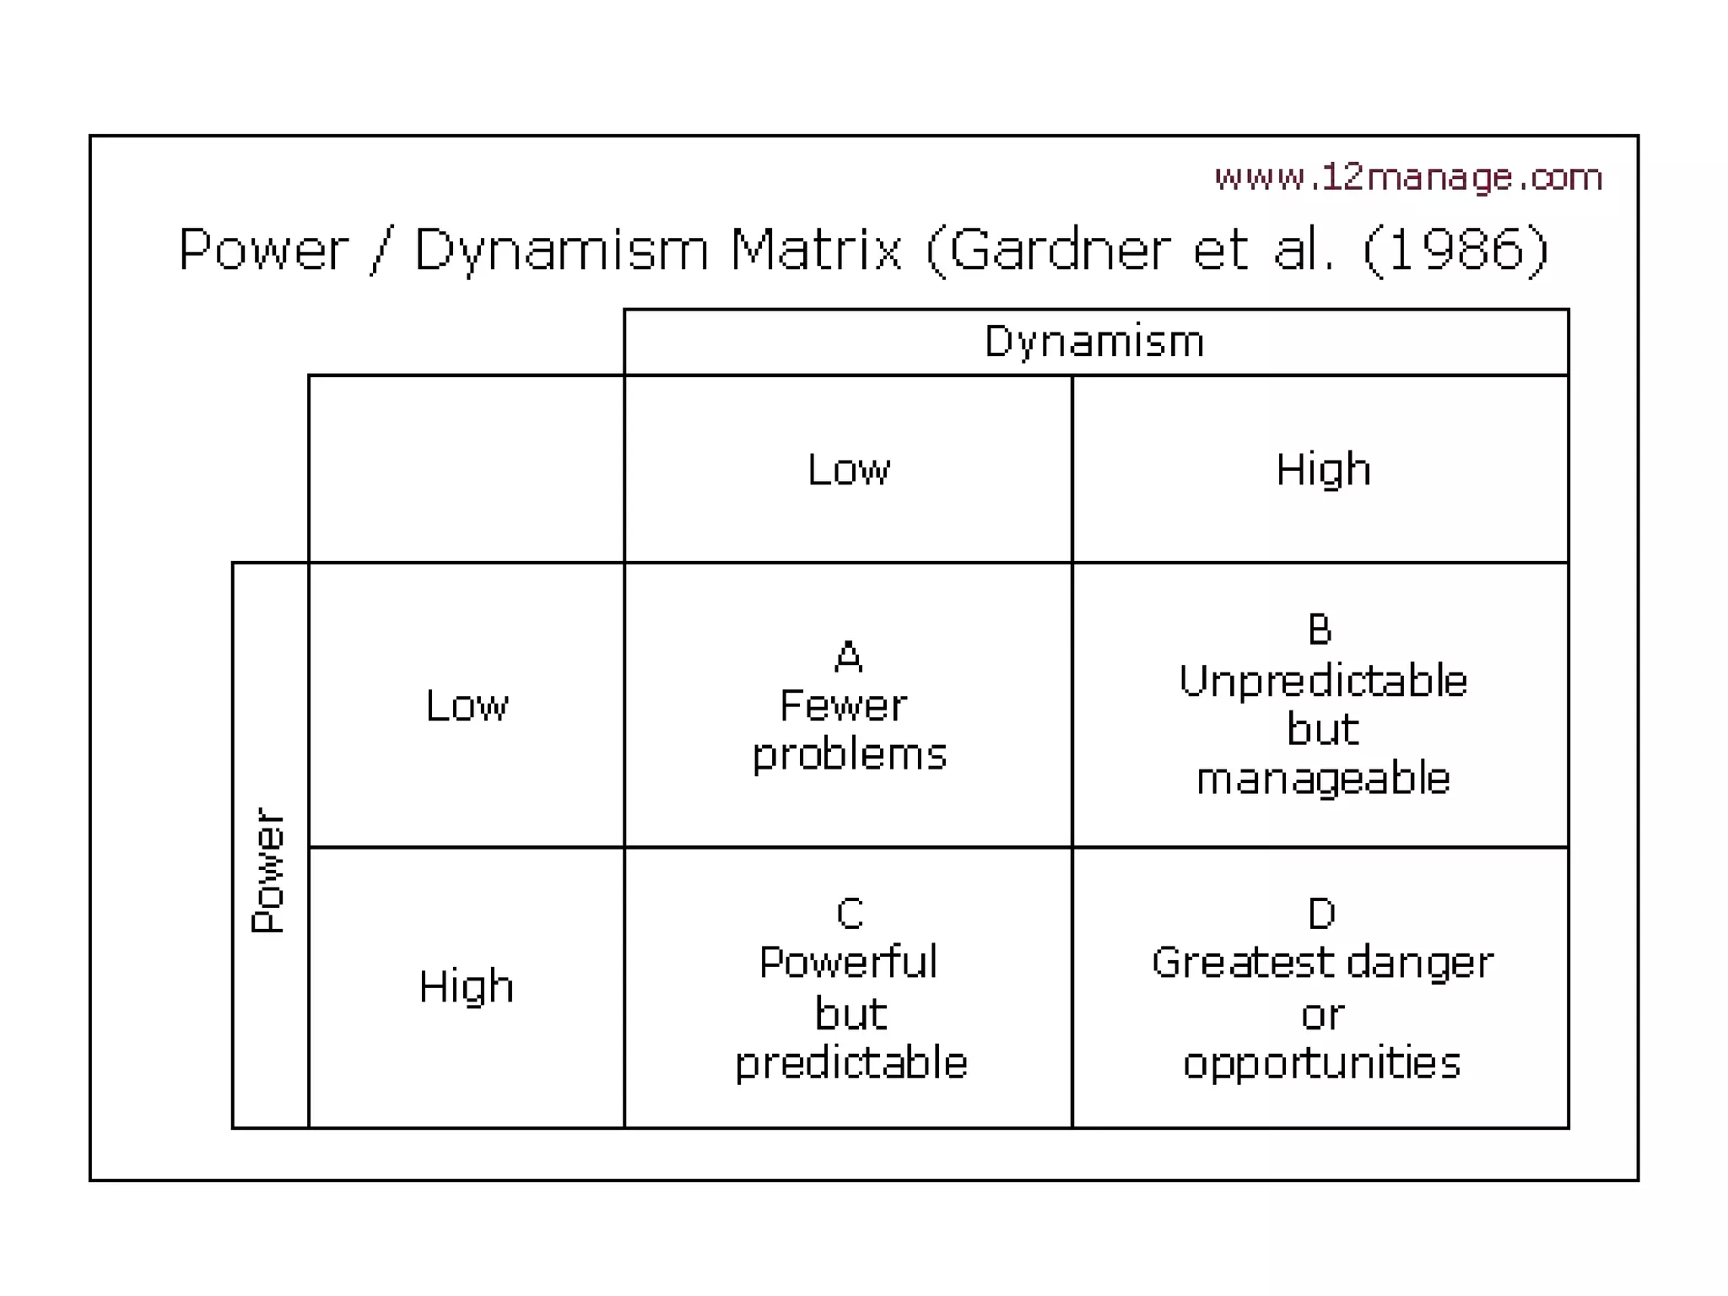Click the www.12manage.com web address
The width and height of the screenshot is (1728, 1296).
coord(1407,177)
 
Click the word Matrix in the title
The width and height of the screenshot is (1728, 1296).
coord(816,250)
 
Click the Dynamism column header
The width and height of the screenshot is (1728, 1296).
coord(1094,342)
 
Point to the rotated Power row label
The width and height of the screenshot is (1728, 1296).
coord(269,870)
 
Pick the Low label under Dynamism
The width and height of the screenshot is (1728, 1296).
coord(848,469)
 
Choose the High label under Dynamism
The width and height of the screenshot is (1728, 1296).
coord(1322,469)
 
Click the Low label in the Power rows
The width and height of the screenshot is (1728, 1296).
coord(467,705)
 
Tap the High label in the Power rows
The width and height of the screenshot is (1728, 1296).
coord(466,986)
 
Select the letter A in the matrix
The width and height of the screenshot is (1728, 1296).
coord(848,656)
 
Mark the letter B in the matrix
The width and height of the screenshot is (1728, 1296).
coord(1320,629)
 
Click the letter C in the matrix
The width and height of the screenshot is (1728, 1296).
coord(849,913)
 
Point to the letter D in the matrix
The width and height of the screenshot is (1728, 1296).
coord(1321,913)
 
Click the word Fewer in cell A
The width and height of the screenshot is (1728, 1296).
coord(843,705)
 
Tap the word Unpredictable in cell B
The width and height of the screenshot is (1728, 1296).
coord(1322,681)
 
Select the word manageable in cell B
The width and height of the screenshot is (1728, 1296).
coord(1322,779)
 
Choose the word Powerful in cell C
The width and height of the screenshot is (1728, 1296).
coord(848,963)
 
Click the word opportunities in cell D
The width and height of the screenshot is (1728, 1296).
coord(1321,1063)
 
